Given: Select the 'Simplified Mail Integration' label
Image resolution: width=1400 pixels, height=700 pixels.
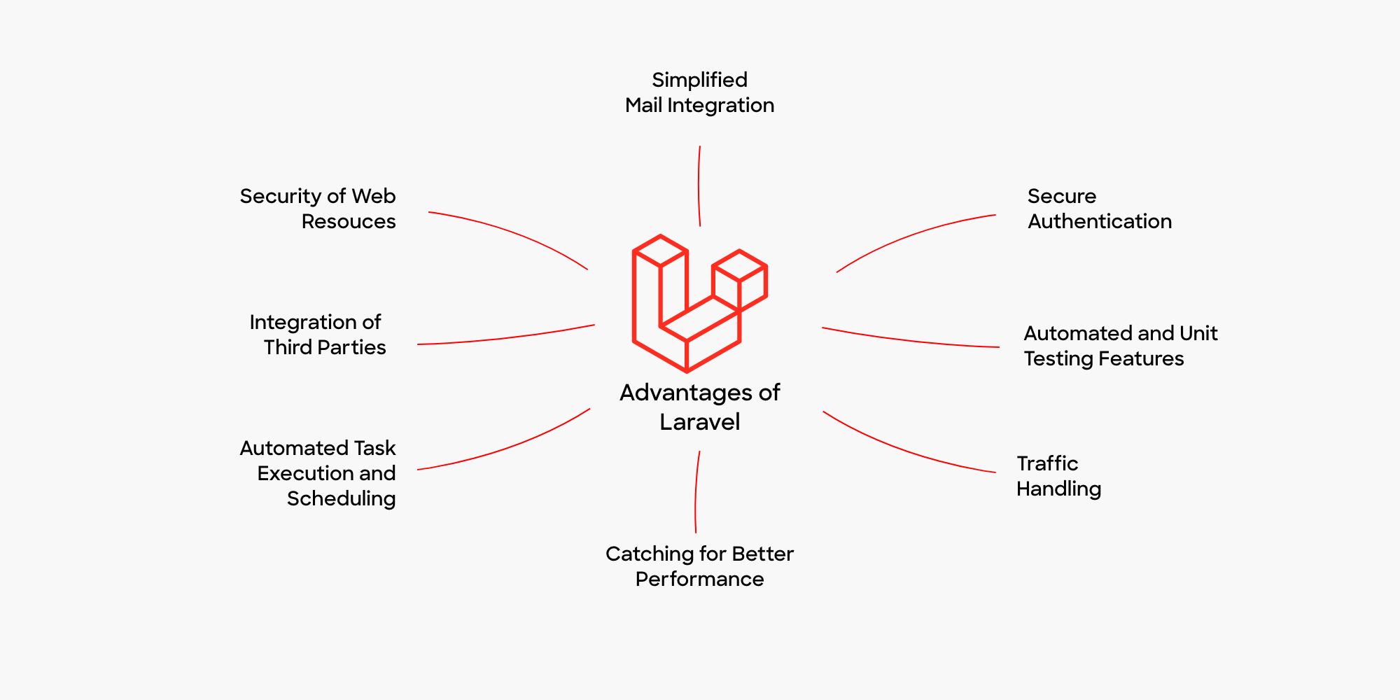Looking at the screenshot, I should (699, 92).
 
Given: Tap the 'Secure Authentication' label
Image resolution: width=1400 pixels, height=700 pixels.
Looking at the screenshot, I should (1099, 209).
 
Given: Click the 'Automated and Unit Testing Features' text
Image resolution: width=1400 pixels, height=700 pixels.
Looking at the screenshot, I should (1120, 346).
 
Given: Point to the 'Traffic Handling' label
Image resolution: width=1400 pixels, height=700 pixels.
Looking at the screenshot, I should (1058, 476).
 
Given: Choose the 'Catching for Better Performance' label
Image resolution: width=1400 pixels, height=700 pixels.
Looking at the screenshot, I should (699, 566).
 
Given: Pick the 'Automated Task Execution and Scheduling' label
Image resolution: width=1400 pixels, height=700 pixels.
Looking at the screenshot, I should (318, 473).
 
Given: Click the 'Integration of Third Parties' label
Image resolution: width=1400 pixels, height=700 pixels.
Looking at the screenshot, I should (317, 335).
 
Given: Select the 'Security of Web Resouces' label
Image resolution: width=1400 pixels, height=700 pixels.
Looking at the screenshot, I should (318, 209).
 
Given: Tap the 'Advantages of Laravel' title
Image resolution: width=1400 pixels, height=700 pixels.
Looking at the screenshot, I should (699, 407).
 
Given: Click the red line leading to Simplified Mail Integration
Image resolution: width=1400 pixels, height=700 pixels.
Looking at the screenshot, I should (699, 186).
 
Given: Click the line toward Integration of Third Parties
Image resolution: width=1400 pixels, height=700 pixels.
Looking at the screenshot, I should (504, 338).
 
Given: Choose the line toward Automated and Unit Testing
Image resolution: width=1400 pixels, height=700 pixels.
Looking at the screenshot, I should (910, 341).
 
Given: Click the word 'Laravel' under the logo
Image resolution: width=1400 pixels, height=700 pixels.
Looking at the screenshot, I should (699, 422).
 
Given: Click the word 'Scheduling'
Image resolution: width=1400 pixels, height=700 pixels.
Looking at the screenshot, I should (341, 498).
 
